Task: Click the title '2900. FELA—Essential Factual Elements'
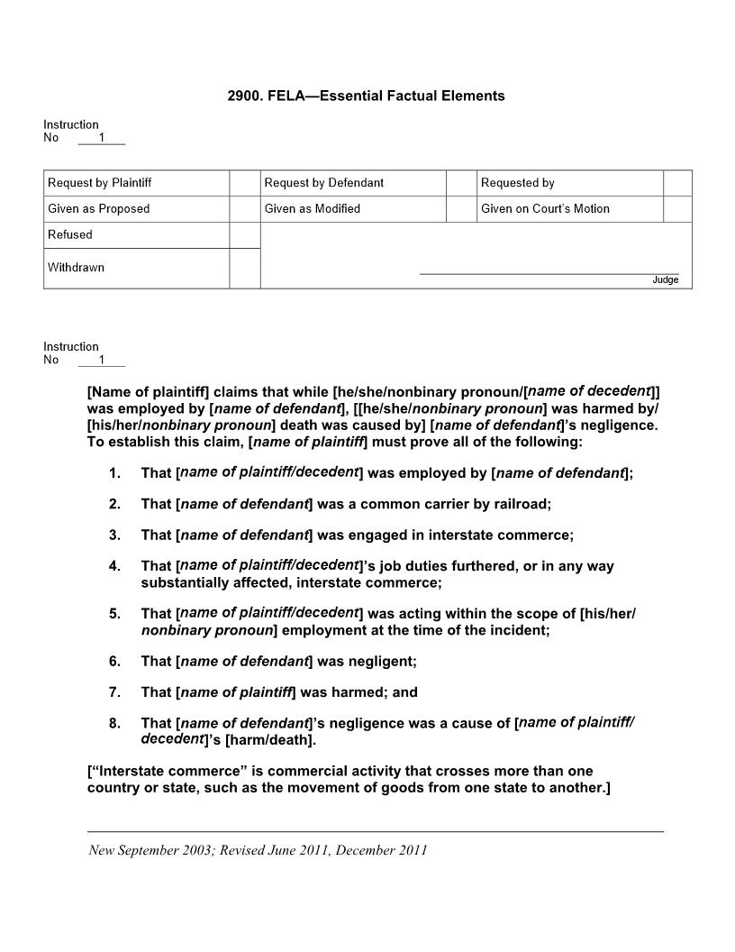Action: pos(366,96)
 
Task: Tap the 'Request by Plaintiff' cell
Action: pos(99,183)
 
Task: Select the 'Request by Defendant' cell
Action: pos(323,183)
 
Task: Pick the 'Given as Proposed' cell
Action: pos(98,209)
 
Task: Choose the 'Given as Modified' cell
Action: pos(312,209)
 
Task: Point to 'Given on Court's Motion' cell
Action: pos(544,209)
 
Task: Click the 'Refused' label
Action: pos(70,235)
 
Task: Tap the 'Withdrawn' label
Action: pos(76,268)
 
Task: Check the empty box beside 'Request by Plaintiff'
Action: pos(244,183)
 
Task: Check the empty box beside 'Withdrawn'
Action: pos(244,269)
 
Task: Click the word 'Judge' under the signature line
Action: pos(665,280)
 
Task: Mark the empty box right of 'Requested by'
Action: pos(677,183)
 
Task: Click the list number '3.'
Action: pos(114,535)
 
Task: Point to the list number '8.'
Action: pos(114,723)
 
